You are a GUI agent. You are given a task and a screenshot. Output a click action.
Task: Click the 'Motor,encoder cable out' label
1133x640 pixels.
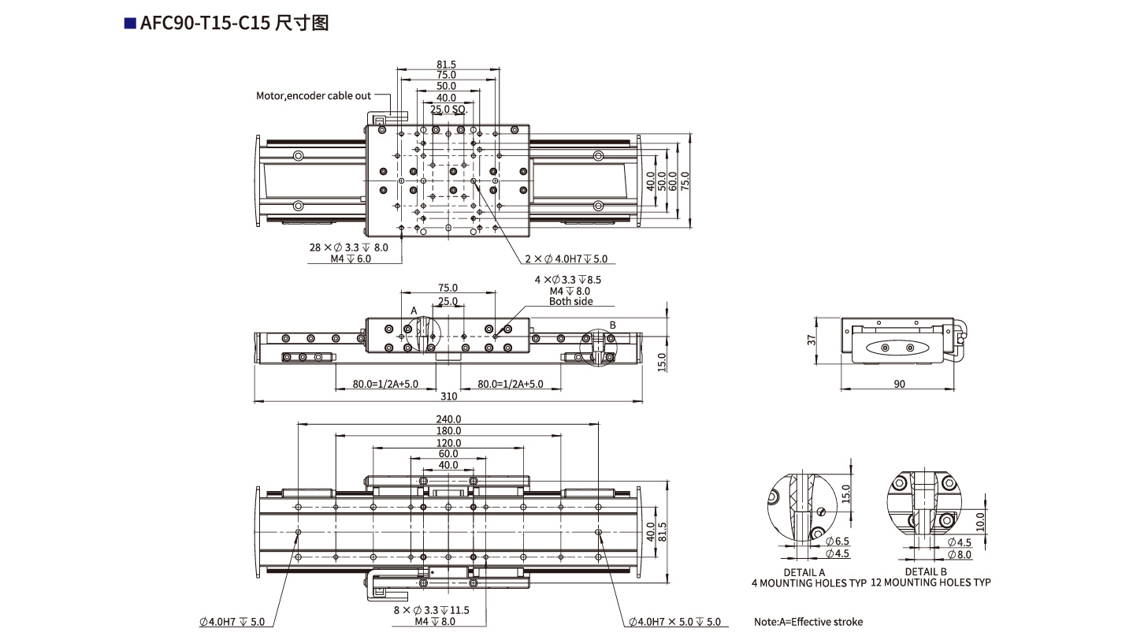[x=313, y=96]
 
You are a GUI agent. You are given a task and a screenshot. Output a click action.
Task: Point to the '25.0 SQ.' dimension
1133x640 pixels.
[x=449, y=109]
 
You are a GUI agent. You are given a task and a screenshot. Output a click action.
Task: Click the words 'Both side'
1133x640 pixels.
[x=571, y=302]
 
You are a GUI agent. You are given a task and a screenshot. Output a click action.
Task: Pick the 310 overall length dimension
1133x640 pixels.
[x=448, y=396]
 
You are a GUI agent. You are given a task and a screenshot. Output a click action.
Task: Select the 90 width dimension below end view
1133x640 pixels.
[x=899, y=384]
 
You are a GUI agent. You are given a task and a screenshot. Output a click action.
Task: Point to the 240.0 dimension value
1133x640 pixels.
[x=448, y=419]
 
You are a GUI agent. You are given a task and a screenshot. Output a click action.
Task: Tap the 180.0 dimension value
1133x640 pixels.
[x=448, y=430]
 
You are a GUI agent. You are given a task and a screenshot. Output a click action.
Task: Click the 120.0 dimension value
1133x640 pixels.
[x=448, y=443]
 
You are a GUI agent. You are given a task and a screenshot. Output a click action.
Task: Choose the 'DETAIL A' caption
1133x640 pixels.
[x=804, y=572]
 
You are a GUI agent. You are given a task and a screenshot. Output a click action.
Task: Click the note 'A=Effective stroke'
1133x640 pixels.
[x=808, y=622]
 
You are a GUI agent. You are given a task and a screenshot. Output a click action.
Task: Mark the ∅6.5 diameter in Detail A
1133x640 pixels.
[x=838, y=541]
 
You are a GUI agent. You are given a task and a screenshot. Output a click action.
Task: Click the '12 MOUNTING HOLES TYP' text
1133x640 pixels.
[x=931, y=582]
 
